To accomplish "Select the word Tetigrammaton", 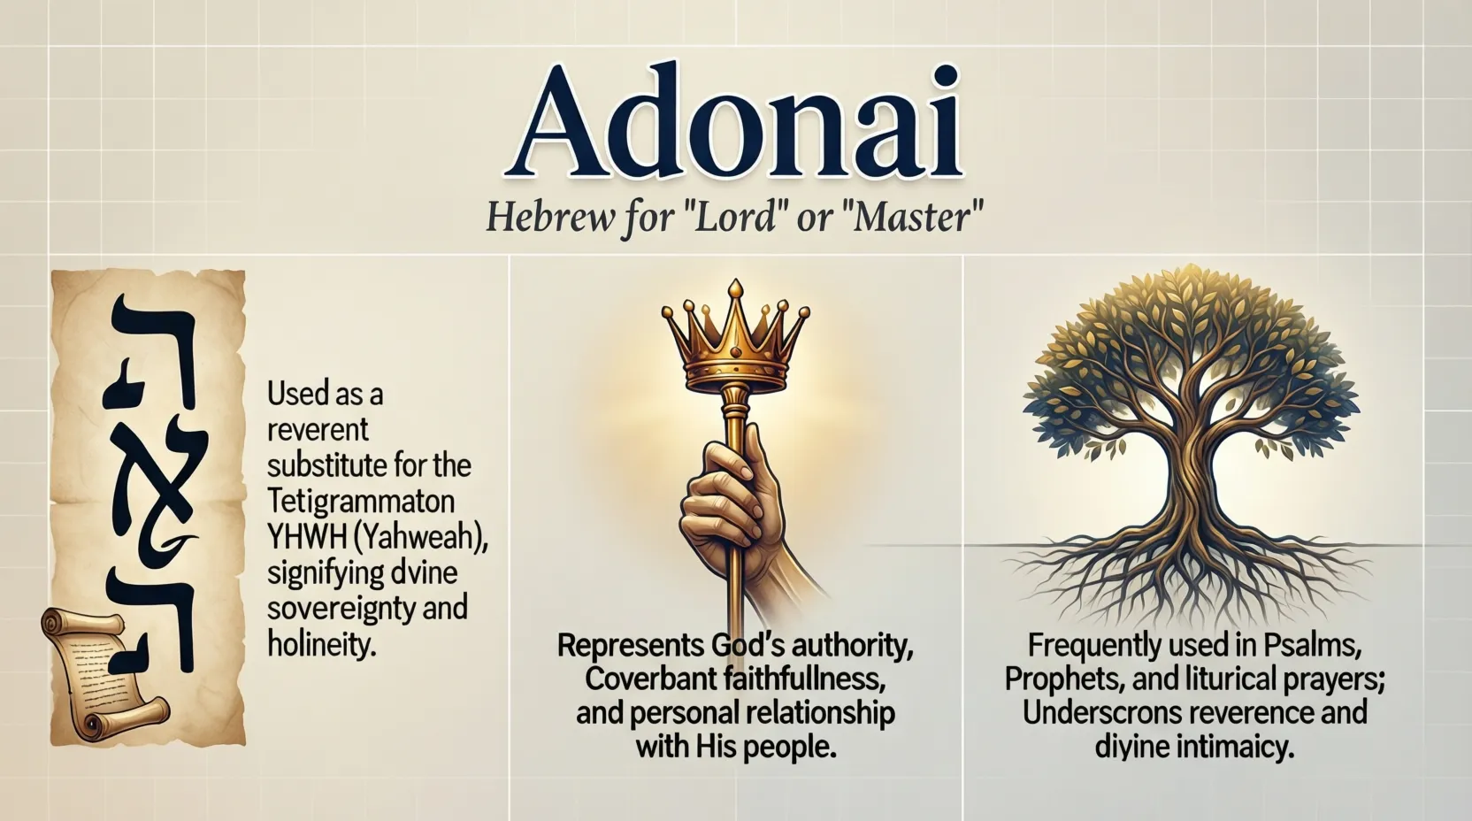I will point(361,502).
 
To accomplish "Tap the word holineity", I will point(322,644).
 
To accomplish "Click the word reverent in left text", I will point(318,430).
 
